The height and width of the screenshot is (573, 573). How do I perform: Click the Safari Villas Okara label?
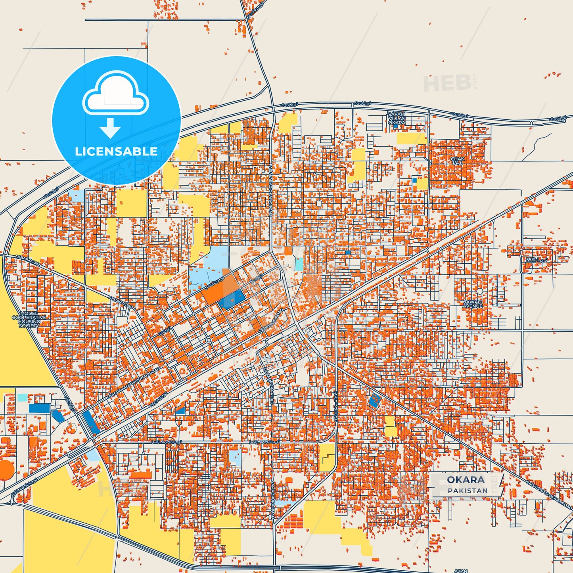tap(397, 119)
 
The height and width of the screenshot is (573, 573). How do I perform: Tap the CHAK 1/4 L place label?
tap(457, 161)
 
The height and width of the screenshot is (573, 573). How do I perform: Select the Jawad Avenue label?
tap(473, 304)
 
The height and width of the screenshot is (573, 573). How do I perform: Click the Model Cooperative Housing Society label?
tap(29, 319)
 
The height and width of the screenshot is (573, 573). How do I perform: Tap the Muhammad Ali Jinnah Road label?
tap(133, 383)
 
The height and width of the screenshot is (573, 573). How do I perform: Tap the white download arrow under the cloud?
tap(110, 128)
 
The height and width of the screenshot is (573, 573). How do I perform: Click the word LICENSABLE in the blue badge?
tap(116, 151)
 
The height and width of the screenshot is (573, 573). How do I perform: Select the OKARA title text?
tap(466, 480)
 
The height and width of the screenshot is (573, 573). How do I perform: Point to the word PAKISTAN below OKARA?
tap(468, 491)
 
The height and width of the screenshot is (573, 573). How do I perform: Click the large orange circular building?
tap(6, 470)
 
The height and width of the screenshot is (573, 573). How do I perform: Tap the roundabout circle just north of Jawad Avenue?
tap(479, 291)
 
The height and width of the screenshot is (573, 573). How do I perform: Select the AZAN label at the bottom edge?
tap(460, 571)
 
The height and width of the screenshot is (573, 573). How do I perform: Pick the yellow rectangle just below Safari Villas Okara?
tap(412, 138)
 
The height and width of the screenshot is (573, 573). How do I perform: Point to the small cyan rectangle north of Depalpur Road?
tap(298, 264)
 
